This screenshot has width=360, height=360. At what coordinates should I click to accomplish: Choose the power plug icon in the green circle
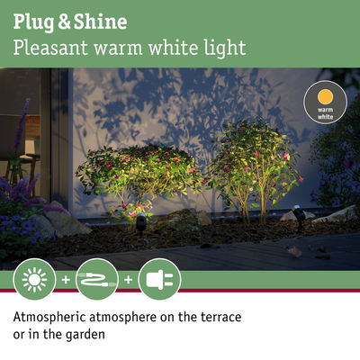pos(160,279)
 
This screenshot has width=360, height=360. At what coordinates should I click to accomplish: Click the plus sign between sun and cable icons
pos(65,280)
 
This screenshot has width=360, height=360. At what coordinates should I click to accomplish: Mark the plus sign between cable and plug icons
pos(128,280)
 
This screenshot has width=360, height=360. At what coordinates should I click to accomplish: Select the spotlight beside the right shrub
pos(298,219)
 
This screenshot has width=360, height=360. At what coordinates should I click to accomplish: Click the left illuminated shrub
pos(139,175)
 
